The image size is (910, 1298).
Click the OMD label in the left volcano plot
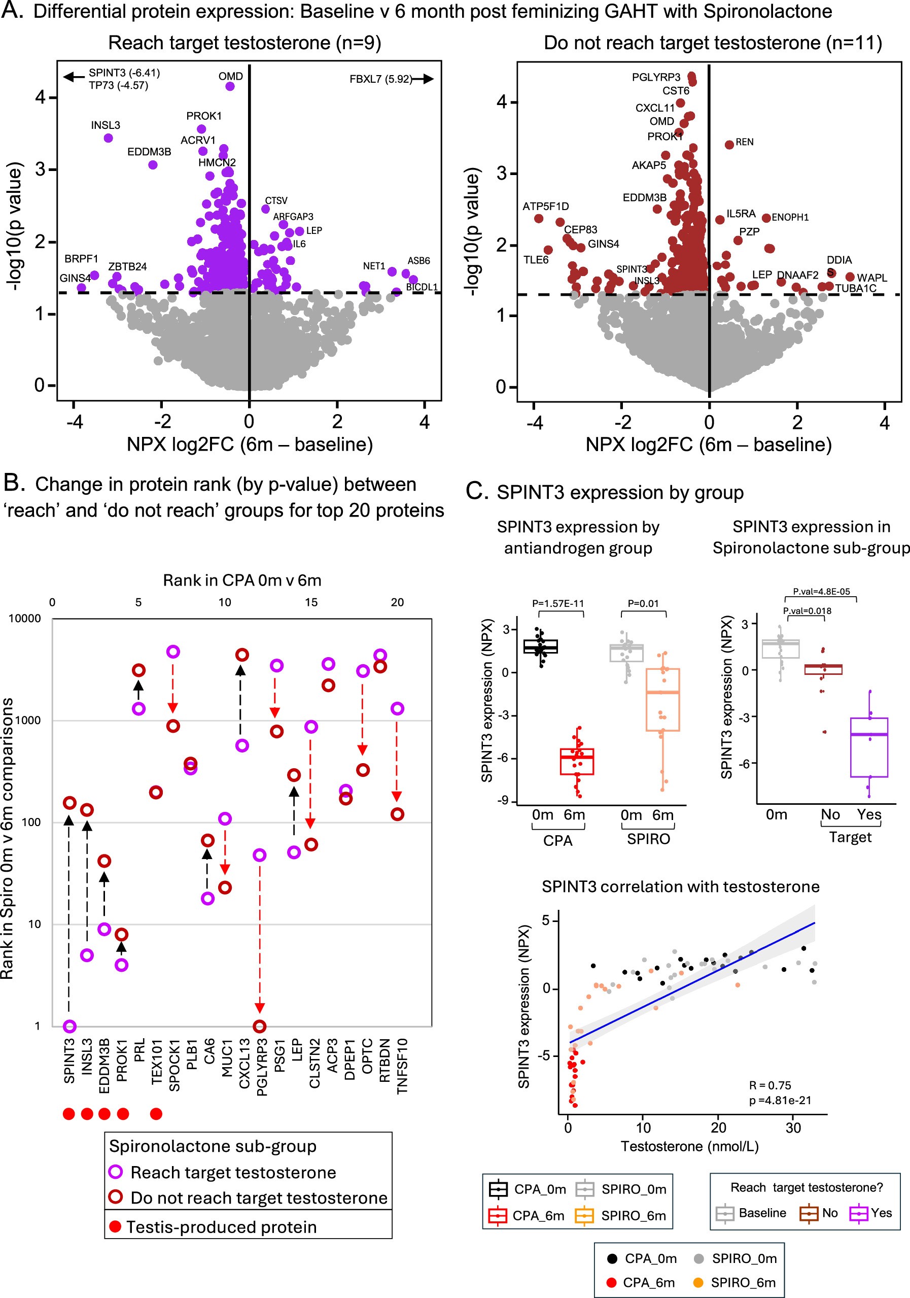coord(231,76)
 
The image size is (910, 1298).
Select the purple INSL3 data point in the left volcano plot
coord(109,138)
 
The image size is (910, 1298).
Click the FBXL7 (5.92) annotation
coord(380,79)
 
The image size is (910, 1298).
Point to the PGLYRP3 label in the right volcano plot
coord(656,78)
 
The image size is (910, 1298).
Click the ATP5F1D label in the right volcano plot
coord(545,207)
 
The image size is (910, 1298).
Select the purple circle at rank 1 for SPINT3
coord(69,1026)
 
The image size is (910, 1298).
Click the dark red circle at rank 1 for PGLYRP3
coord(259,1026)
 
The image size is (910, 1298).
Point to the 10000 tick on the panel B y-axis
coord(25,619)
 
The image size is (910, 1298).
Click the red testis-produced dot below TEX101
coord(157,1114)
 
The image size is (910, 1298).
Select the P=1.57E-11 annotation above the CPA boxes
coord(557,603)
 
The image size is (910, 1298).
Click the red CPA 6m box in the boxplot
coord(577,762)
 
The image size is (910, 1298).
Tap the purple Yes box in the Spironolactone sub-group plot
coord(869,747)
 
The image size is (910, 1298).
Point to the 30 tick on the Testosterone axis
coord(793,1128)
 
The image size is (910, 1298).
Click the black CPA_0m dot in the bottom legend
coord(612,1258)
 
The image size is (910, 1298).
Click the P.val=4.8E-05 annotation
coord(821,591)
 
